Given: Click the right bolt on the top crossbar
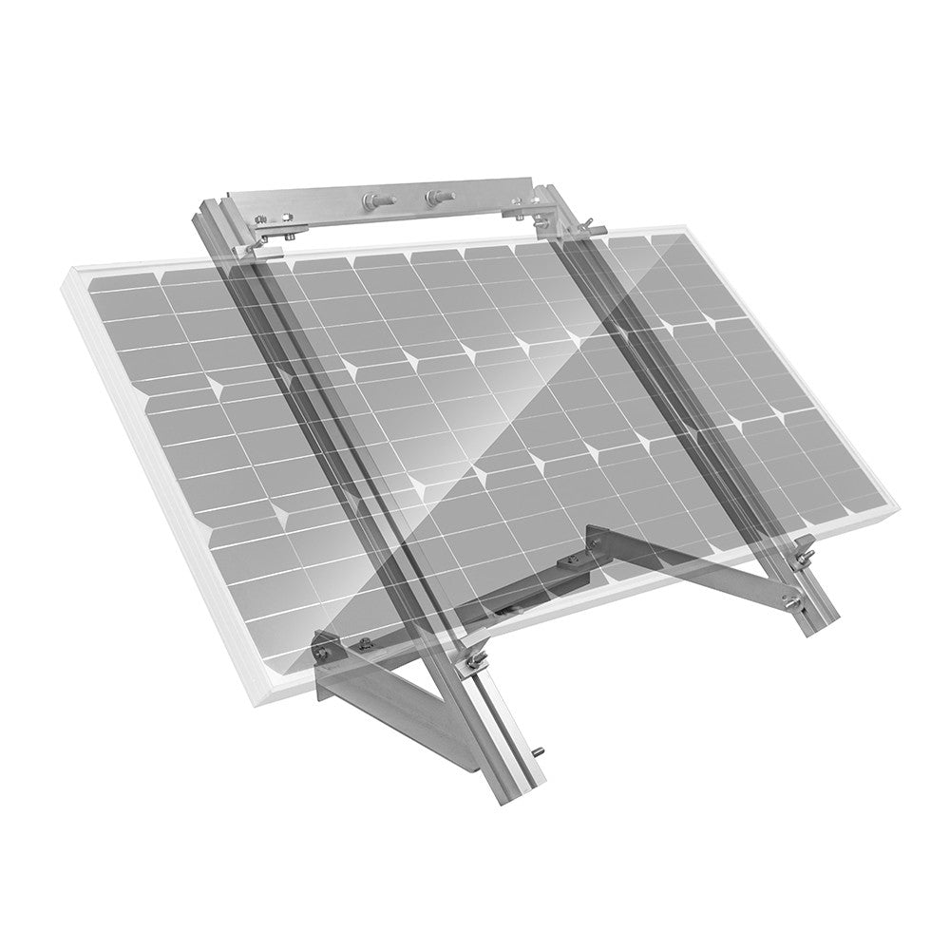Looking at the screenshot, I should [437, 198].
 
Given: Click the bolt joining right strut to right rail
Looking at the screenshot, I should [788, 599].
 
